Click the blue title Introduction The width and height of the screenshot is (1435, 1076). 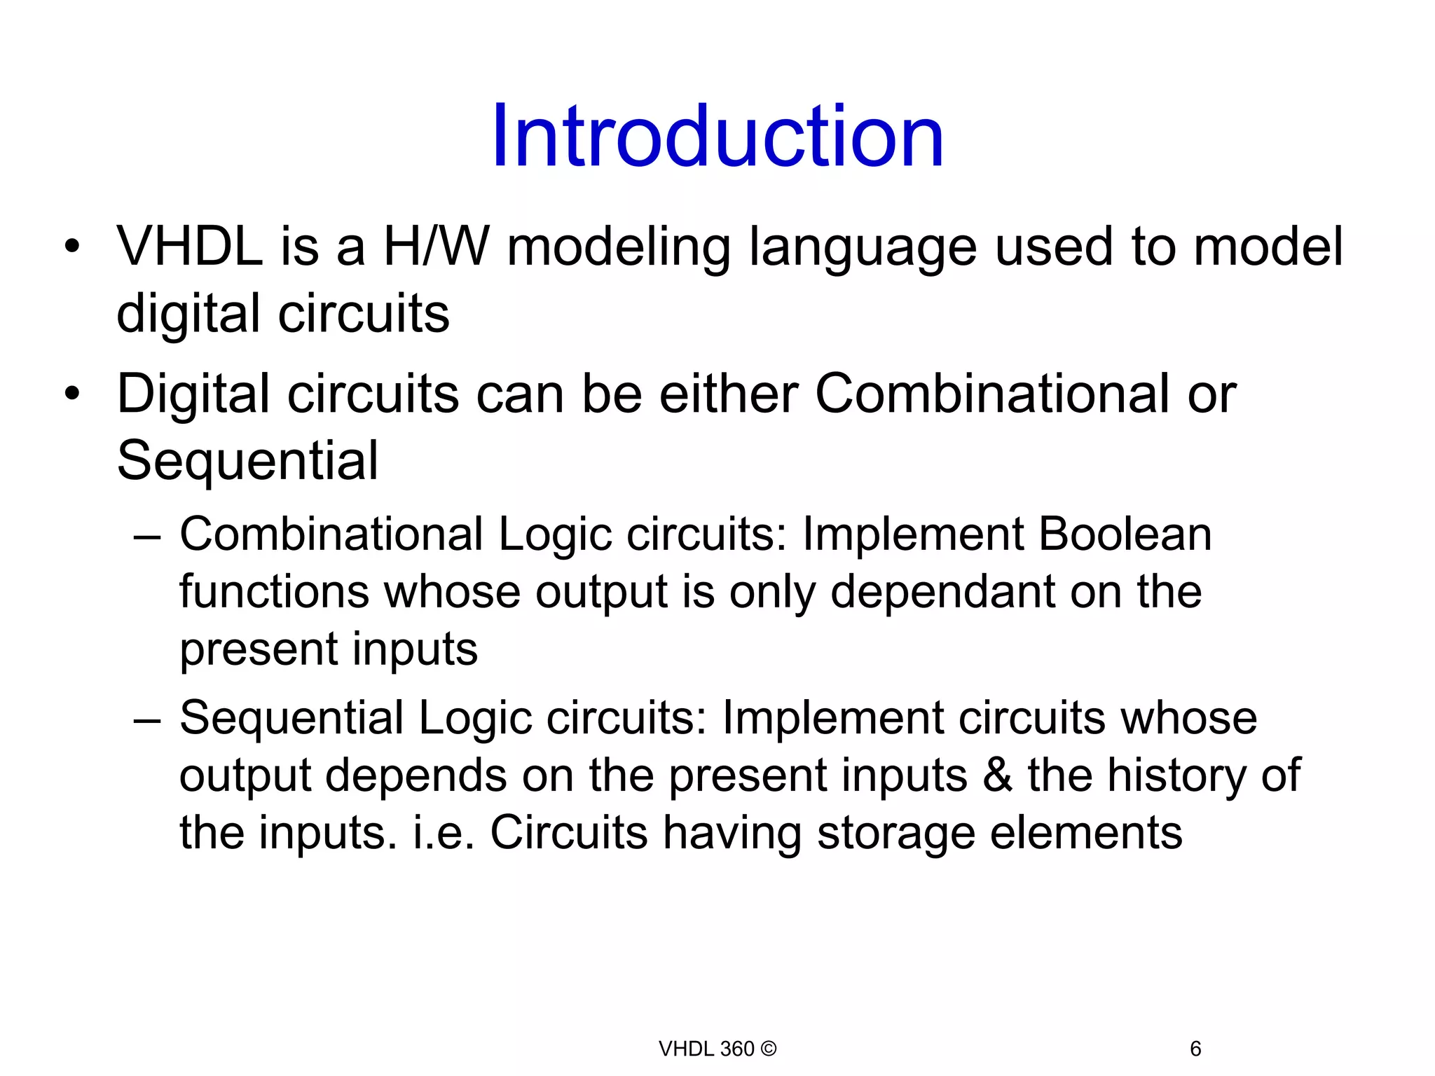tap(717, 137)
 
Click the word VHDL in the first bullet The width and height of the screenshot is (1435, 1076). tap(189, 247)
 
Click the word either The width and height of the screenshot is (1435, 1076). tap(729, 394)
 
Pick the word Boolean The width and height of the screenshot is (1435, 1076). tap(1125, 534)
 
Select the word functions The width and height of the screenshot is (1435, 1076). tap(274, 592)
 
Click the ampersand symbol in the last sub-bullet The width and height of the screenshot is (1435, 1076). tap(998, 775)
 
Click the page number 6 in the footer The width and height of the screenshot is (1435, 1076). tap(1195, 1049)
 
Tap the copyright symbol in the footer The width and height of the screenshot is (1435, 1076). tap(769, 1049)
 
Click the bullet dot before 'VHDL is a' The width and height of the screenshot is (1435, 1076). tap(72, 247)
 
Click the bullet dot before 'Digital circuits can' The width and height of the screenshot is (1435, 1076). tap(72, 394)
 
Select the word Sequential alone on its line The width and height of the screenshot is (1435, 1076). tap(247, 461)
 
